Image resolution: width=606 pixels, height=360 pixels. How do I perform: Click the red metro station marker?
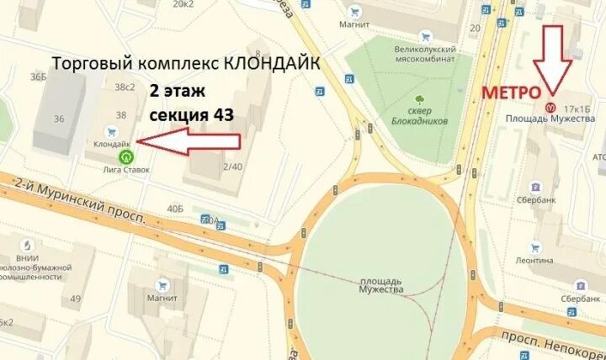coord(550,108)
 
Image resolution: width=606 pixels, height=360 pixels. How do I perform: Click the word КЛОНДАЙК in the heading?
coord(274,64)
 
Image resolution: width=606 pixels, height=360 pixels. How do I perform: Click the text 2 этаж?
coord(178,89)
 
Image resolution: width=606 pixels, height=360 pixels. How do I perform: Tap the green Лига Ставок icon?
coord(126,156)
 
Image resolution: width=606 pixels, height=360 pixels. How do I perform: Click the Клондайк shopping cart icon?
coord(110,132)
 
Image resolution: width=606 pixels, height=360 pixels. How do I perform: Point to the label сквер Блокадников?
coord(413,116)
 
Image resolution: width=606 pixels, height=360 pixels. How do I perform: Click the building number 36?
coord(59,119)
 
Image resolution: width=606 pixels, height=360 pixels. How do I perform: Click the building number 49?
coord(76,299)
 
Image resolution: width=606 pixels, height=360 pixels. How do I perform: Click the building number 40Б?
coord(175,208)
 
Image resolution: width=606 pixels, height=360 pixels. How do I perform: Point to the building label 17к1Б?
coord(577,109)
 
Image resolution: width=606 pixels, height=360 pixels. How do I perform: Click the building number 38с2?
coord(125,87)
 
